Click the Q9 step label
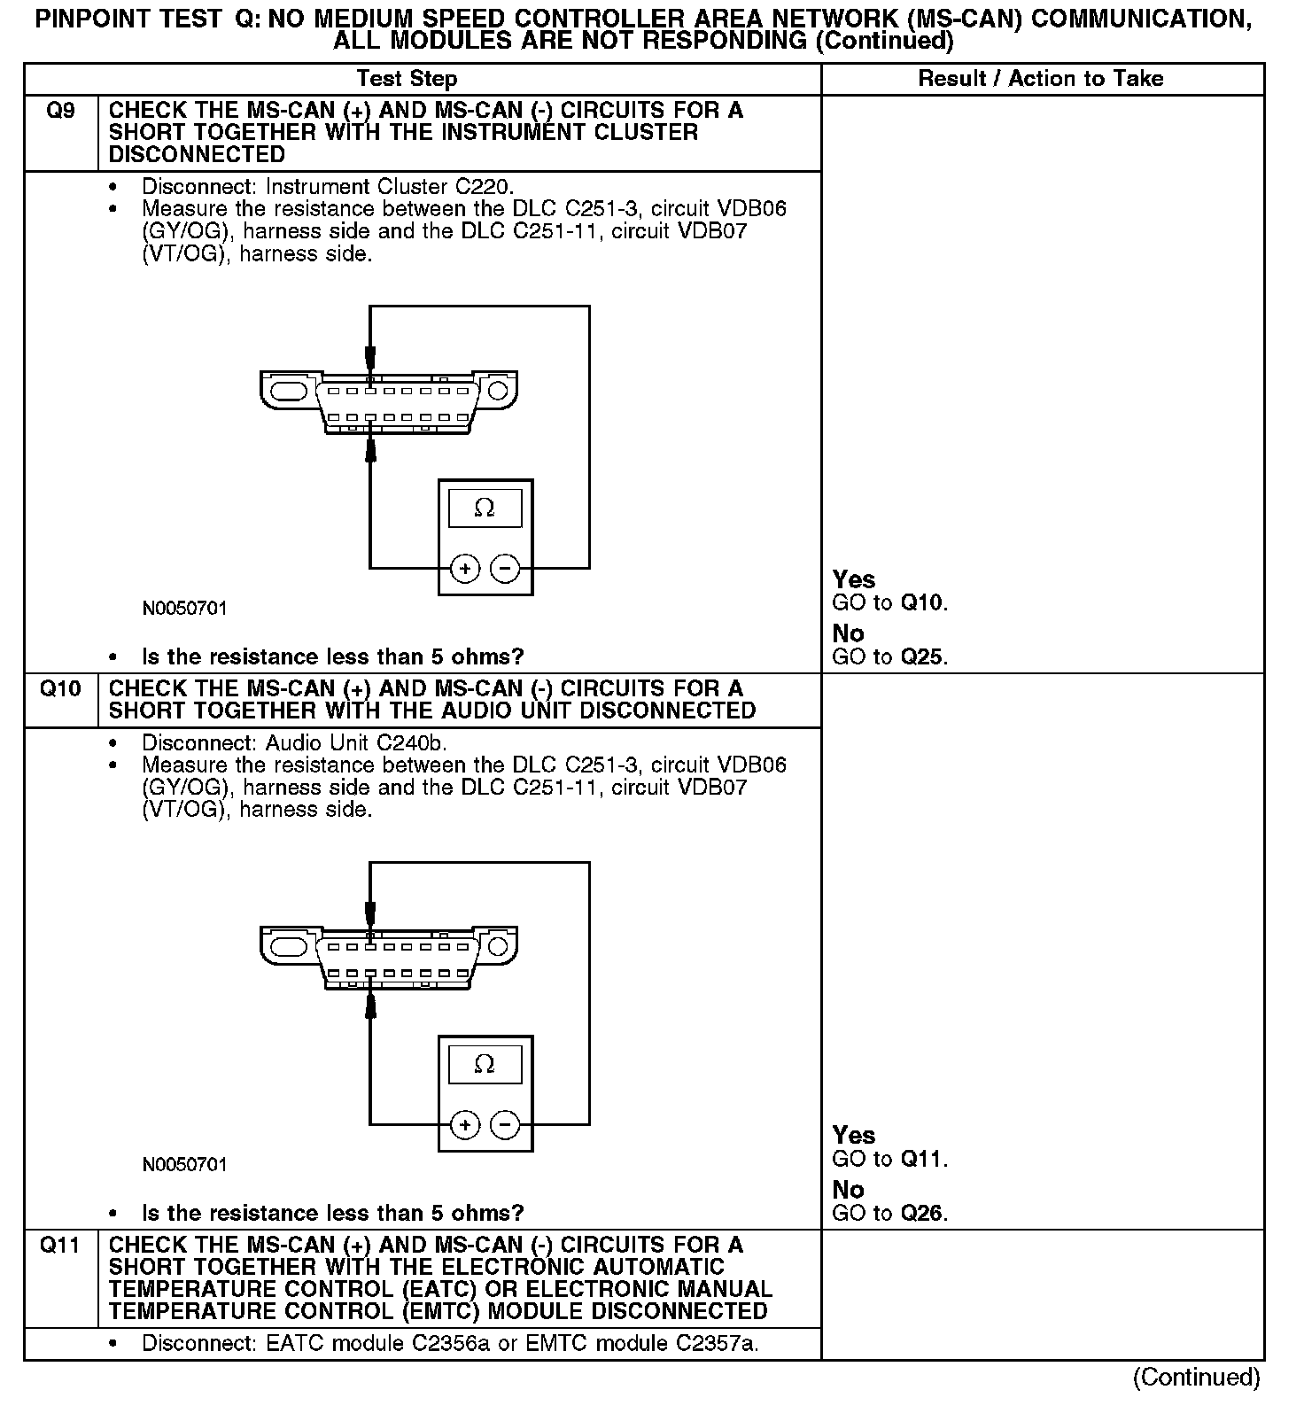60,111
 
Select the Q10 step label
60,688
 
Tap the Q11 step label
60,1245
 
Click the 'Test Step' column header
407,79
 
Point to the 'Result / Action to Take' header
1040,79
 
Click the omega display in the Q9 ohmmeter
485,508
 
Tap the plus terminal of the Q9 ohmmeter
465,568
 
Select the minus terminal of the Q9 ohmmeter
505,568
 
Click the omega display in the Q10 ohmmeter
485,1064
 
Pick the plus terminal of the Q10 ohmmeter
465,1124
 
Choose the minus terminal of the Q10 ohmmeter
505,1124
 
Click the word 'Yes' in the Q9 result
854,579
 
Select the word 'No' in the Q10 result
848,1190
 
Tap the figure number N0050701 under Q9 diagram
184,609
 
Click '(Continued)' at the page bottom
1196,1378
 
